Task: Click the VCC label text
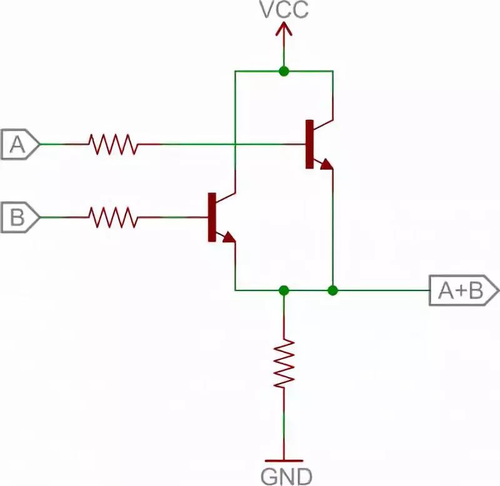pyautogui.click(x=284, y=11)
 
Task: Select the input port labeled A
pyautogui.click(x=19, y=145)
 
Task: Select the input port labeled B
pyautogui.click(x=19, y=217)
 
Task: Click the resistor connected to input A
pyautogui.click(x=113, y=144)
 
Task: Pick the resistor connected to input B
pyautogui.click(x=113, y=217)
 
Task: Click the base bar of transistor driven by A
pyautogui.click(x=309, y=144)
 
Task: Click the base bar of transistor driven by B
pyautogui.click(x=212, y=217)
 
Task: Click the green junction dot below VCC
pyautogui.click(x=284, y=71)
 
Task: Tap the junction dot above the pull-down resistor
pyautogui.click(x=284, y=290)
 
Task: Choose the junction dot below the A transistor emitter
pyautogui.click(x=333, y=290)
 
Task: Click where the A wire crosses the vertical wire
pyautogui.click(x=235, y=144)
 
